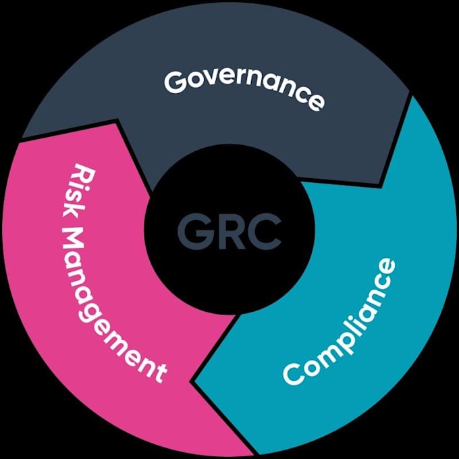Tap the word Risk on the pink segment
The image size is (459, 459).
pos(78,191)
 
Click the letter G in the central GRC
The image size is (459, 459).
pos(193,232)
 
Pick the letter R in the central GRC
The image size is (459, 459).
pos(230,232)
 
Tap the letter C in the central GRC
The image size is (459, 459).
pos(265,232)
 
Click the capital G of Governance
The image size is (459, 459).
pos(175,82)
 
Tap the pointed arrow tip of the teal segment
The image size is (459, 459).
pos(191,381)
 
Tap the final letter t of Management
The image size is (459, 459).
pos(159,373)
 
